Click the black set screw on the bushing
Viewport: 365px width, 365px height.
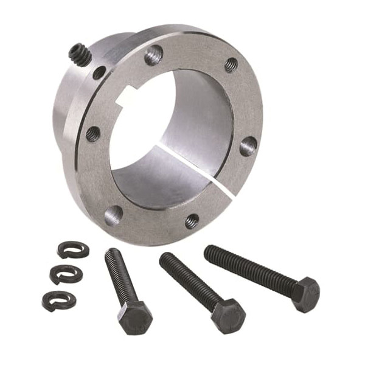pos(80,55)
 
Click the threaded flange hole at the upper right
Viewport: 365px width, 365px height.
pos(231,64)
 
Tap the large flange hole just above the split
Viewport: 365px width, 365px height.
pos(248,145)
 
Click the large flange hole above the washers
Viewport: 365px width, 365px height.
pos(113,214)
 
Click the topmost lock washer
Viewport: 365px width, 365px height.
pos(73,249)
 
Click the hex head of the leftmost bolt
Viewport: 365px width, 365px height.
pos(134,317)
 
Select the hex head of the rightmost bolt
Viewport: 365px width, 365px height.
pos(305,294)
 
